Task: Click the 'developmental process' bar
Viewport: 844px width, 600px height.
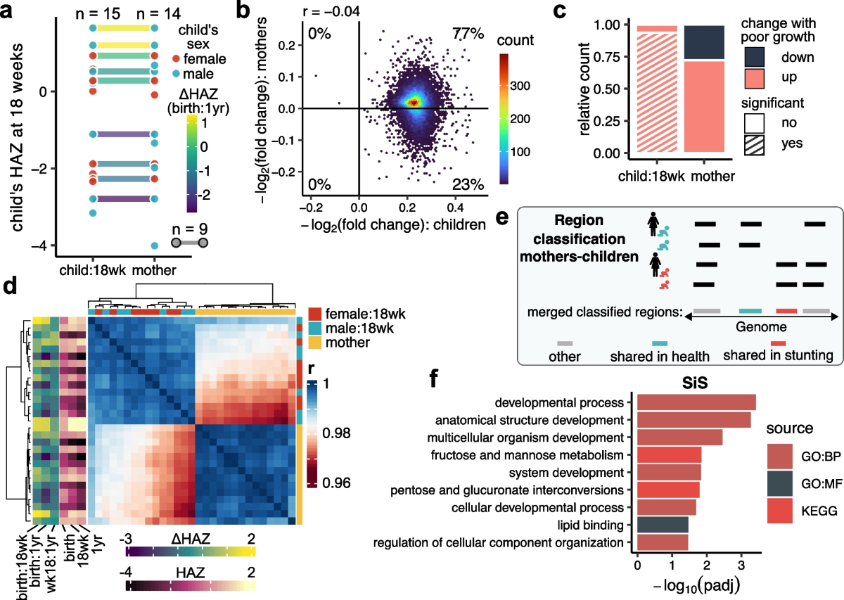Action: (x=696, y=402)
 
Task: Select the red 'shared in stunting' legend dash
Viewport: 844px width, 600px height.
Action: (x=786, y=310)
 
